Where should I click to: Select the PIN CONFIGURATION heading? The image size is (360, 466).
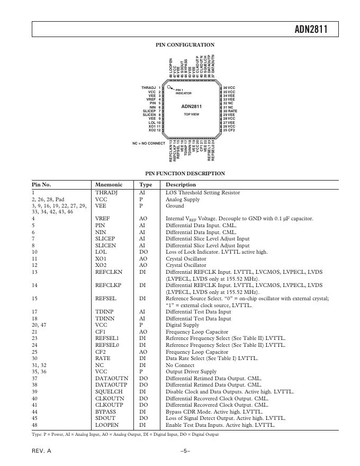(x=185, y=45)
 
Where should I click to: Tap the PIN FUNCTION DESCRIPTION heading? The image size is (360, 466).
(x=185, y=173)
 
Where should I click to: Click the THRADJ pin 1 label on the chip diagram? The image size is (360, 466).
(x=151, y=87)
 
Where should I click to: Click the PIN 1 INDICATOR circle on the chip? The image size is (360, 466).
(x=169, y=88)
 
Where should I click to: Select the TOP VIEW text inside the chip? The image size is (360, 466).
(x=192, y=114)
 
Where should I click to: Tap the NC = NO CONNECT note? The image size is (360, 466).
(x=149, y=143)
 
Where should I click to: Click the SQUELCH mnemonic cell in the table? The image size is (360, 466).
(x=108, y=391)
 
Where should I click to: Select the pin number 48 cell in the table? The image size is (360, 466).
(x=35, y=425)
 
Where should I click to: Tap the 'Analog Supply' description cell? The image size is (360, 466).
(x=183, y=199)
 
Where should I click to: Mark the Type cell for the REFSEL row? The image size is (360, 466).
(x=142, y=298)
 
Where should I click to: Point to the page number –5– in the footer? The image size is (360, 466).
(x=185, y=451)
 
